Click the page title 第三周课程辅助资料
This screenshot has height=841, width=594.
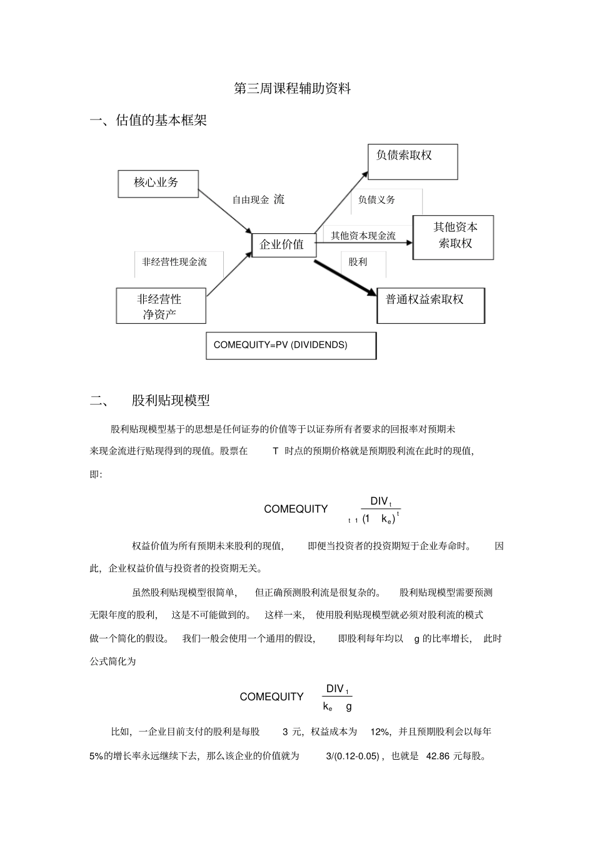tap(292, 89)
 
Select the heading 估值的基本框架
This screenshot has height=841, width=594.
tap(161, 121)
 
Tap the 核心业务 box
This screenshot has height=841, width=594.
tap(158, 183)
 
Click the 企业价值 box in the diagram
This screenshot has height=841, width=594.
tap(283, 244)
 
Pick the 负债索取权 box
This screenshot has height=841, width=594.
tap(412, 162)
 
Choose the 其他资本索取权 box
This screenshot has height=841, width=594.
tap(453, 237)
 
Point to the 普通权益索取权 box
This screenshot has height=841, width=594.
tap(430, 305)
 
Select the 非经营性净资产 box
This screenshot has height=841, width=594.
tap(161, 306)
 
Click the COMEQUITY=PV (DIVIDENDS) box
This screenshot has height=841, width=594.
tap(291, 345)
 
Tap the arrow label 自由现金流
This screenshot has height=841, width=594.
tap(258, 200)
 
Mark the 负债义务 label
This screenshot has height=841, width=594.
tap(376, 200)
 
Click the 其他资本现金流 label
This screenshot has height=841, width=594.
tap(363, 236)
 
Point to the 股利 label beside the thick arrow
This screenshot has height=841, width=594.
tap(358, 262)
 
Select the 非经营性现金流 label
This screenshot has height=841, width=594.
tap(174, 262)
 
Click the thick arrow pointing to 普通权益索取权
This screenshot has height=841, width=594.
tap(345, 276)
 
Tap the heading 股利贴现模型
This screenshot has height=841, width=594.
tap(171, 400)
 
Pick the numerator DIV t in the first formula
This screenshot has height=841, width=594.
tap(381, 501)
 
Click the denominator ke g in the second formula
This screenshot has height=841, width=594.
tap(338, 707)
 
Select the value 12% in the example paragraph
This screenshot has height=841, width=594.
tap(380, 732)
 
